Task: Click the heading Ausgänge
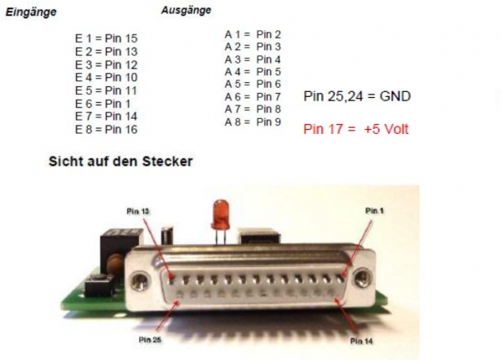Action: pyautogui.click(x=186, y=11)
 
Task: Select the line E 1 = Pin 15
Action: pyautogui.click(x=106, y=39)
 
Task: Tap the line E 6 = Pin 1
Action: pyautogui.click(x=103, y=103)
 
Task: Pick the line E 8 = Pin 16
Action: pyautogui.click(x=106, y=129)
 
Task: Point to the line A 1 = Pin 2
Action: pyautogui.click(x=252, y=34)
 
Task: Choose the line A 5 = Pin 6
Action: pyautogui.click(x=252, y=85)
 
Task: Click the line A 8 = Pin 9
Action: pyautogui.click(x=252, y=122)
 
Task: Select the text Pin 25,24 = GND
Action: pyautogui.click(x=357, y=96)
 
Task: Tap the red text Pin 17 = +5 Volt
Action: pyautogui.click(x=356, y=130)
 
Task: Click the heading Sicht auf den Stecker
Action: pyautogui.click(x=120, y=161)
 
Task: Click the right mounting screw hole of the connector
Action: pyautogui.click(x=363, y=276)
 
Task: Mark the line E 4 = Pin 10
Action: pyautogui.click(x=106, y=78)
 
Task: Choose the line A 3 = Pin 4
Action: pyautogui.click(x=252, y=59)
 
